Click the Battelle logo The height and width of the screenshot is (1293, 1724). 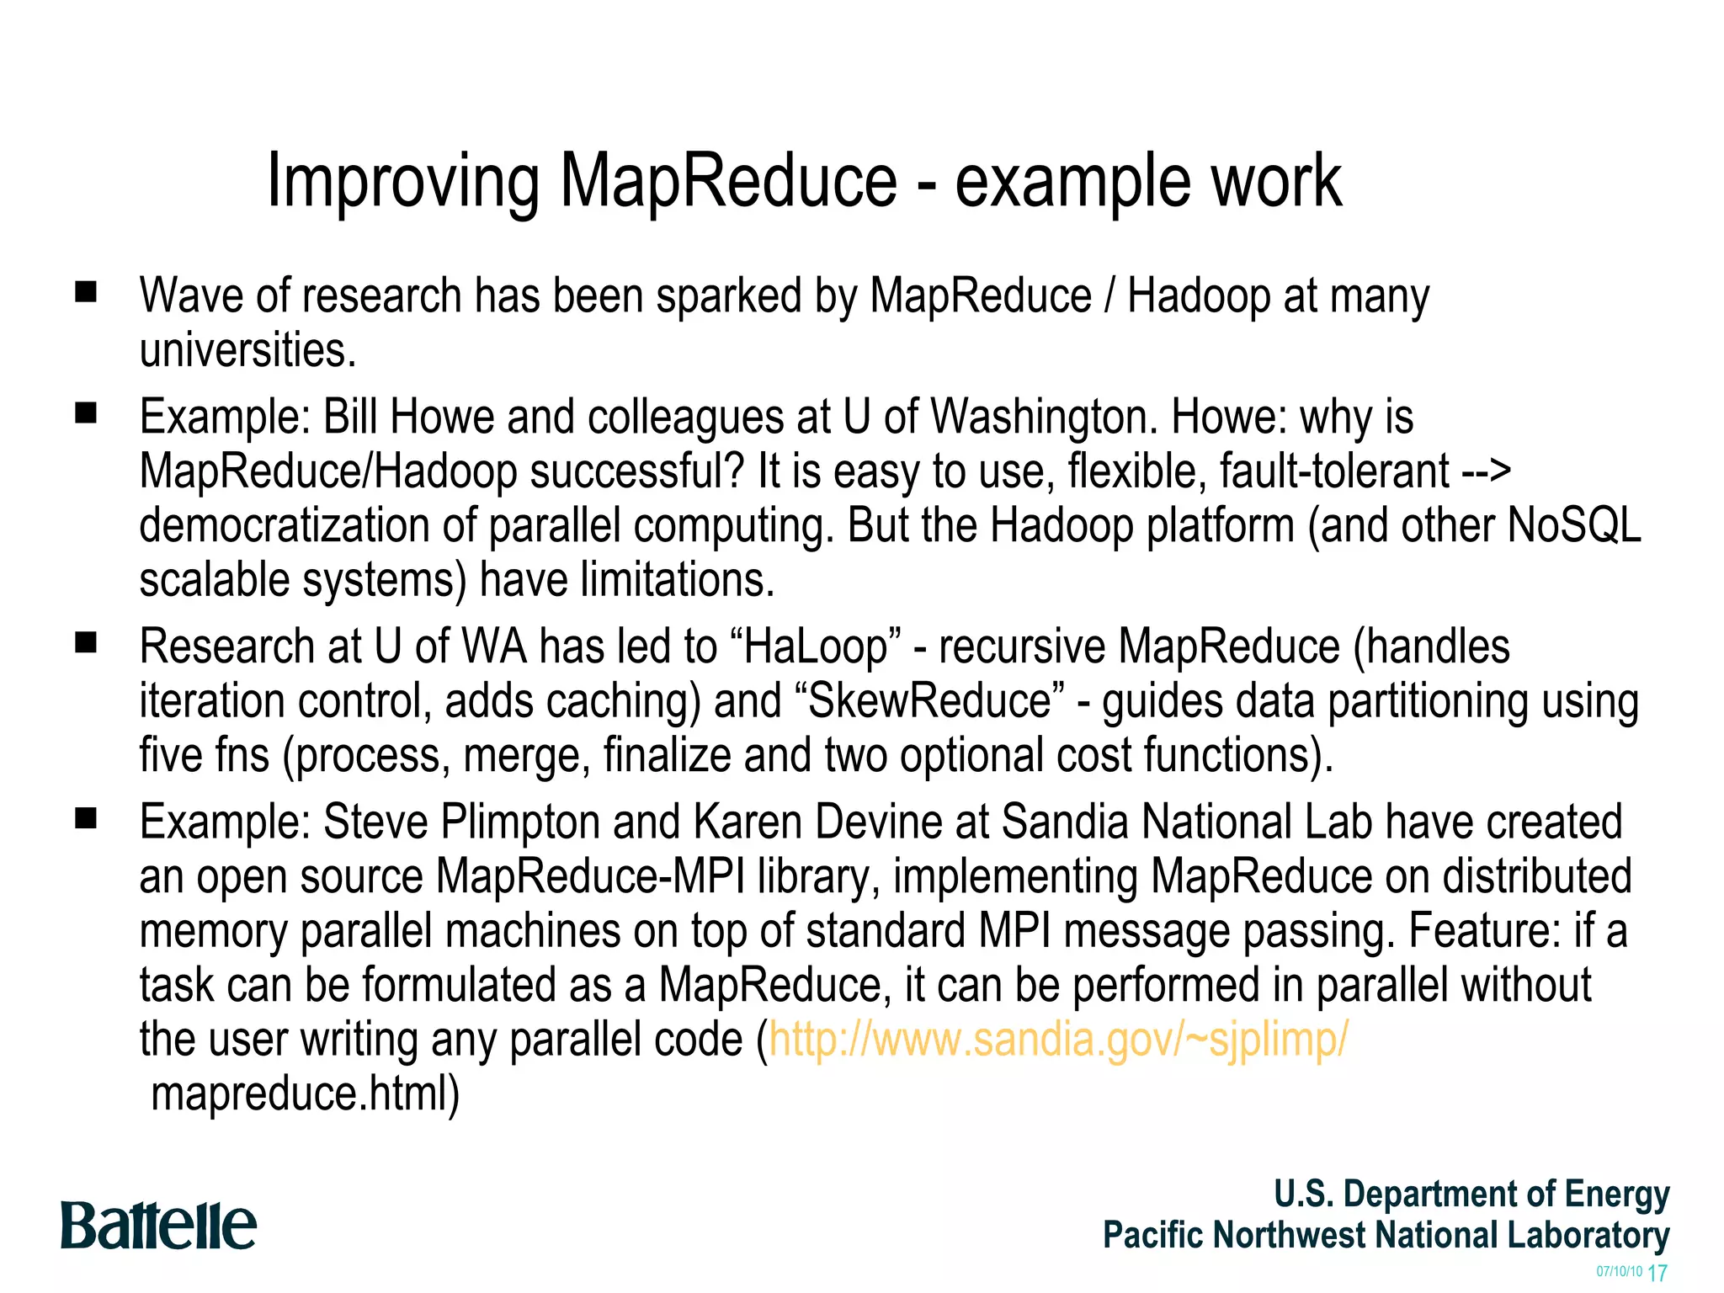158,1226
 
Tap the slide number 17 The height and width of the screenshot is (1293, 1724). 1657,1273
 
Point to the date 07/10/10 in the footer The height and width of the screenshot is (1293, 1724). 1619,1271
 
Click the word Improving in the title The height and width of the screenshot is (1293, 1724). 402,182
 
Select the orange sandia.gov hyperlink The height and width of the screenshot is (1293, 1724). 1057,1039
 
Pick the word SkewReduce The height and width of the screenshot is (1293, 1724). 929,701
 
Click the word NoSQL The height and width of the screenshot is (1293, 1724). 1573,525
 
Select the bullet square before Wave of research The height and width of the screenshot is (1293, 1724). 86,292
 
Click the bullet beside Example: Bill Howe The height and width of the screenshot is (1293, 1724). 86,413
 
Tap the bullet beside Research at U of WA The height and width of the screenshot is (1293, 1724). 86,643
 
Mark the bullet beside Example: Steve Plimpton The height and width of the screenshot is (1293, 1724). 86,818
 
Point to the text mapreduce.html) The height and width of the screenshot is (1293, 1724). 305,1093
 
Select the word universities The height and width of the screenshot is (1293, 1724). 247,350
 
